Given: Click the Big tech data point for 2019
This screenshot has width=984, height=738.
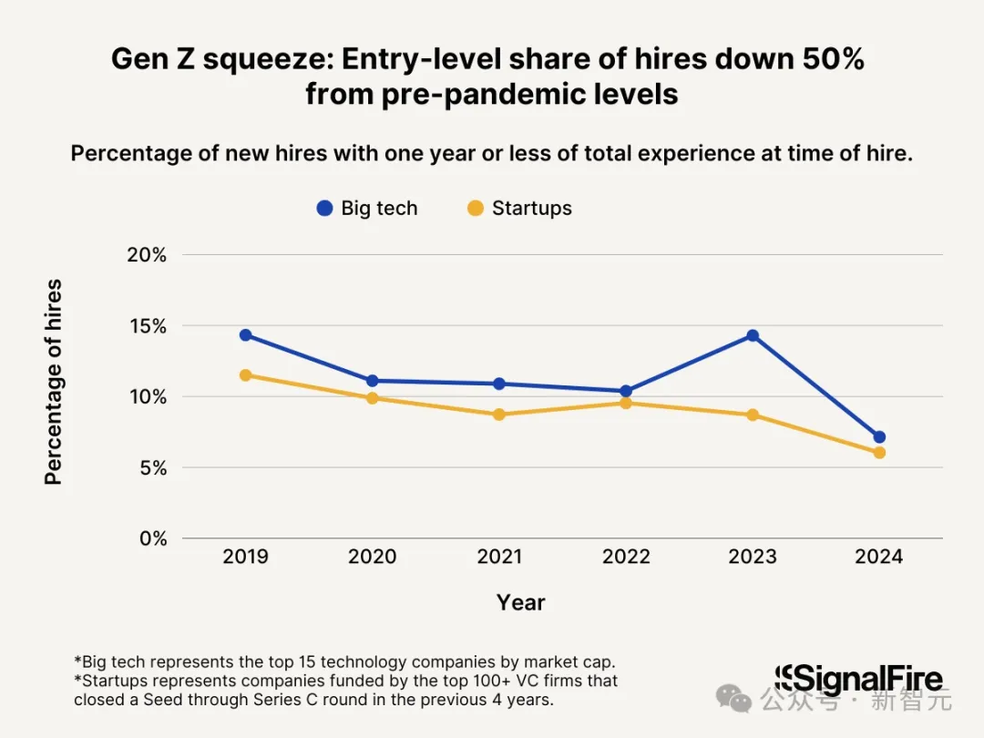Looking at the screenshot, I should click(245, 335).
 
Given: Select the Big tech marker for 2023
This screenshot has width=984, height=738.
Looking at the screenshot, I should click(753, 335).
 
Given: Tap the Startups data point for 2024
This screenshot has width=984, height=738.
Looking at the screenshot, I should click(879, 453).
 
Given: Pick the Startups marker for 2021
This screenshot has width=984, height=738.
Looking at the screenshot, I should click(499, 415).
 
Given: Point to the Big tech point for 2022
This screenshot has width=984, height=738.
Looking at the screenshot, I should click(626, 391).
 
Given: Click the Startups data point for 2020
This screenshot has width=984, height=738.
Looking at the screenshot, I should click(372, 398).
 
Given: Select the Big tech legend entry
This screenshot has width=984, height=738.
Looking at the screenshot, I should click(366, 208).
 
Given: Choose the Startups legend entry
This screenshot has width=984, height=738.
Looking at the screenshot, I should click(519, 208).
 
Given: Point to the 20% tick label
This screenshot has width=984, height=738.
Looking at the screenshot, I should click(147, 255).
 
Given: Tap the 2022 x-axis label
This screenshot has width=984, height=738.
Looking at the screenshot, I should click(626, 556).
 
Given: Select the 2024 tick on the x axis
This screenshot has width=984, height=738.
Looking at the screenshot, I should click(879, 556).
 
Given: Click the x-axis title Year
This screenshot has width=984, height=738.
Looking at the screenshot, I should click(521, 602).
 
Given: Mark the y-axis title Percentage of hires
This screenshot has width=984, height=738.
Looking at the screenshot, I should click(54, 382).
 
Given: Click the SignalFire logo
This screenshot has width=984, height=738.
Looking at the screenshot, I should click(858, 680).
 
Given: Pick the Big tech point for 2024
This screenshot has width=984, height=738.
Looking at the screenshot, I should click(879, 437).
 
